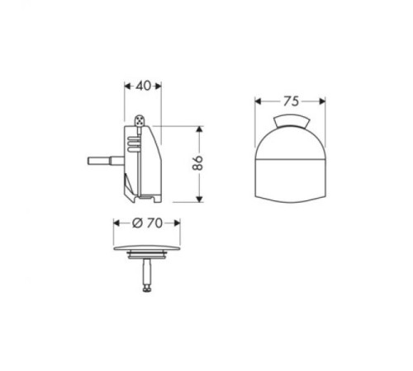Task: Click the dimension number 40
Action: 142,85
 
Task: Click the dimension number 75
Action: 289,101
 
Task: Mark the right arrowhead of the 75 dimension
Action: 324,102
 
